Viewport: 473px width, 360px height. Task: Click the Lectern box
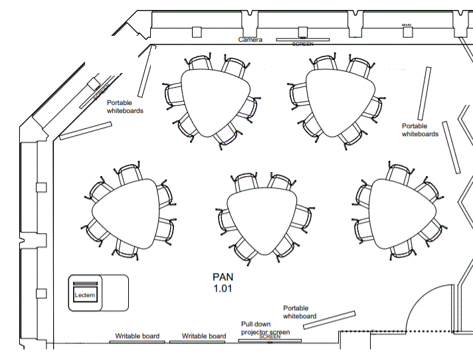tap(85, 294)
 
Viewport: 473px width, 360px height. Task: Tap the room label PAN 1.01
tap(224, 282)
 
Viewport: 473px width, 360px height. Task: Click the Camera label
tap(250, 40)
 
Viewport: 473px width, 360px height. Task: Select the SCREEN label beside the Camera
tap(303, 44)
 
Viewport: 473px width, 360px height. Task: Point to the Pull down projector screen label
tap(265, 328)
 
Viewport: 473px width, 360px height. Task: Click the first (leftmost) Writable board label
tap(138, 336)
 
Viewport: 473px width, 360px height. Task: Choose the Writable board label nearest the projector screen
tap(204, 336)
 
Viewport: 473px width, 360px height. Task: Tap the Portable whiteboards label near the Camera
tap(125, 107)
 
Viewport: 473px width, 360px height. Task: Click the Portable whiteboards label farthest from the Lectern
tap(420, 130)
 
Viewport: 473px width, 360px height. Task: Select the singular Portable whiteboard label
tap(300, 312)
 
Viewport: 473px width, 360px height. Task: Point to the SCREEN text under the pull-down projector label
tap(270, 337)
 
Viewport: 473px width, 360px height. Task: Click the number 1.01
tap(224, 289)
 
